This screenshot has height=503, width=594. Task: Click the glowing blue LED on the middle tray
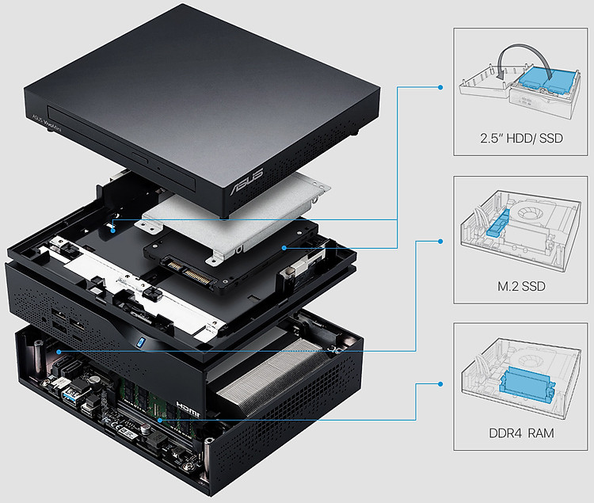139,342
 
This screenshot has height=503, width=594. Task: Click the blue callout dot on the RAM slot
159,420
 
